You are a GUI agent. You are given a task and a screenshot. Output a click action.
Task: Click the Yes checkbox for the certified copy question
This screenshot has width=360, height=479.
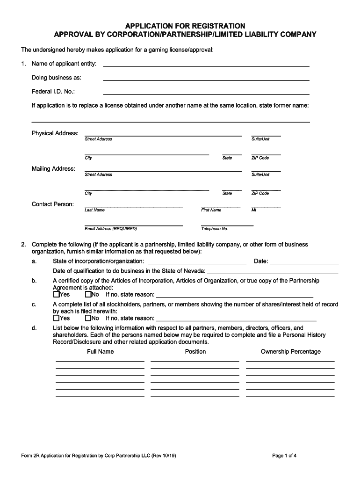(56, 295)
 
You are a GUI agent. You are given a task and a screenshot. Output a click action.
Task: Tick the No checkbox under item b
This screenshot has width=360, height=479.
(88, 295)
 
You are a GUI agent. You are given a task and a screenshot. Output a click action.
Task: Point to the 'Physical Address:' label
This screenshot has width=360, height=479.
(55, 133)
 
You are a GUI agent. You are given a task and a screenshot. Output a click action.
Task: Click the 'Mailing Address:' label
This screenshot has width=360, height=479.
(53, 168)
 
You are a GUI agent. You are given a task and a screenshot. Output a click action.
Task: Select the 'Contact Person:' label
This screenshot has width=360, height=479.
(53, 204)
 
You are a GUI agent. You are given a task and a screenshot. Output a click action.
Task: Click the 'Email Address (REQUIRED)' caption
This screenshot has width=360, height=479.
(111, 229)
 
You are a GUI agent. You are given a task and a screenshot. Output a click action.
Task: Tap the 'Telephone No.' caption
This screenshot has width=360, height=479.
(215, 229)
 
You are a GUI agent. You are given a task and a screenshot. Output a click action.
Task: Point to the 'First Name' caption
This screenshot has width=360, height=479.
(211, 210)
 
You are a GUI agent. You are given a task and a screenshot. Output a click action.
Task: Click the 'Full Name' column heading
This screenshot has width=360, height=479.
(100, 351)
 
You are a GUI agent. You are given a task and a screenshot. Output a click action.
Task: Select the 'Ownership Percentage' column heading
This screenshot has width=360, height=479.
(290, 351)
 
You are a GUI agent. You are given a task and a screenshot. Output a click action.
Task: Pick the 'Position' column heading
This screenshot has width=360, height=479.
(195, 351)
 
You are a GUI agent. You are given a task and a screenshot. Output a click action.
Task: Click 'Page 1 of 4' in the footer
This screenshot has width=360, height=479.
(284, 455)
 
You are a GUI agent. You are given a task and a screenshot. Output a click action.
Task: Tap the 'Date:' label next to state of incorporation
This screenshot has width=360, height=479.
(261, 261)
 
